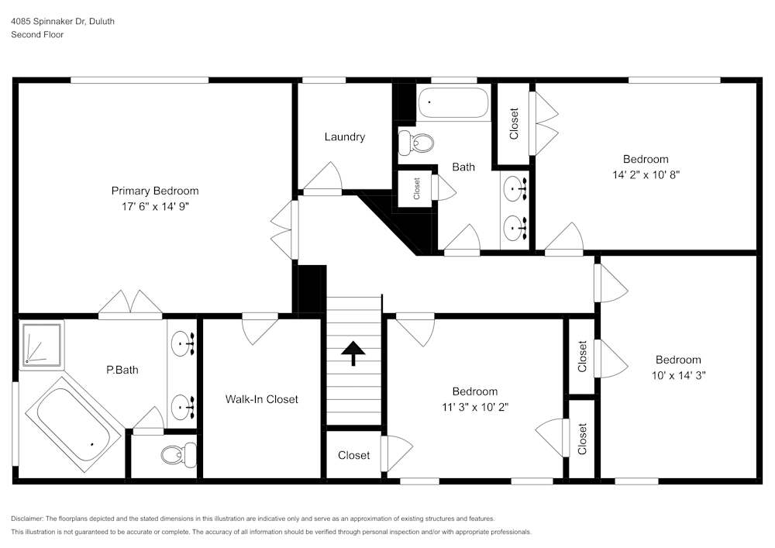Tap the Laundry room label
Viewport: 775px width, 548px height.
(x=344, y=137)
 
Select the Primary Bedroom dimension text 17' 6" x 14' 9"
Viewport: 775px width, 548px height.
(x=154, y=206)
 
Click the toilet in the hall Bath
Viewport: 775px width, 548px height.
(x=415, y=141)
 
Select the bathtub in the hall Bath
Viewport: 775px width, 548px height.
(x=454, y=103)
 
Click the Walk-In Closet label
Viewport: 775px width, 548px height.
(x=261, y=399)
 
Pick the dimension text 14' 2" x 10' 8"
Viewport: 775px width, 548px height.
(x=646, y=174)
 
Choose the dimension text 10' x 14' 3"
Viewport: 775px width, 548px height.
(x=678, y=374)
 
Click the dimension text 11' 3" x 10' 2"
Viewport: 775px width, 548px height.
(x=475, y=406)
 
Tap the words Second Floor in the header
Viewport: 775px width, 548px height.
(x=37, y=35)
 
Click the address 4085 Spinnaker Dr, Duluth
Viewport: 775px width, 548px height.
(x=63, y=22)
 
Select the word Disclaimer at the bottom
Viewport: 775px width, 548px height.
(x=29, y=519)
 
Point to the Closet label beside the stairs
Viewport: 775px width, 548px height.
(x=353, y=456)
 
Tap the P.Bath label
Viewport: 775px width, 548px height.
(x=122, y=370)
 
